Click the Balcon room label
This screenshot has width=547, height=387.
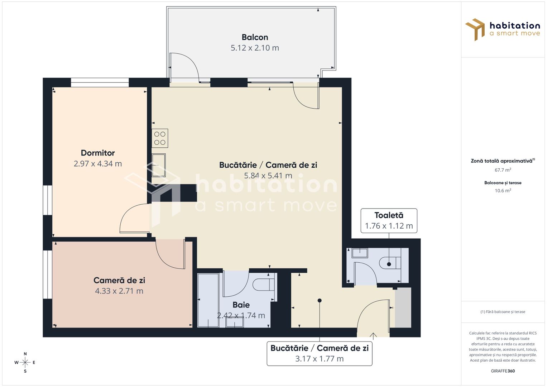(x=255, y=37)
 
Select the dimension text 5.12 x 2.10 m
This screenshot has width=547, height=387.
(x=255, y=48)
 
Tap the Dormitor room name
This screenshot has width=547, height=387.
(x=98, y=153)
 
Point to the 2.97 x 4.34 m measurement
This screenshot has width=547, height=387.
(x=98, y=164)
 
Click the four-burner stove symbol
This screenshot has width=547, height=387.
(x=160, y=138)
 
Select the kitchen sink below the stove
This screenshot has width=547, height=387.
(x=159, y=165)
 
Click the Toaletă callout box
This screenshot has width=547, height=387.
(x=389, y=221)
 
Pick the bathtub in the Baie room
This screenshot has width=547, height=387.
(x=208, y=300)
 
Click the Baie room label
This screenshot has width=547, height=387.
(x=241, y=305)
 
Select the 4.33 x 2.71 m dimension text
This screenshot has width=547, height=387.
(x=119, y=291)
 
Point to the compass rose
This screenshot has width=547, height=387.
(x=25, y=363)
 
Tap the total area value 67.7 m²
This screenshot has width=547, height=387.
(x=503, y=170)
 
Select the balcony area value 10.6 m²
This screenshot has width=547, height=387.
(x=503, y=191)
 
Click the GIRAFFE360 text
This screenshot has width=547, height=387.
(x=503, y=371)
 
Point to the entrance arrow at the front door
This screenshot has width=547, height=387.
(x=373, y=336)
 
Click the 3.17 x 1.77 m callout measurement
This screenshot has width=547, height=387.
(x=319, y=359)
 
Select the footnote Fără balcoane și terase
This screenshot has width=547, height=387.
(x=503, y=312)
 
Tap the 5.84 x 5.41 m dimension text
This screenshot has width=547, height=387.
(x=268, y=176)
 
